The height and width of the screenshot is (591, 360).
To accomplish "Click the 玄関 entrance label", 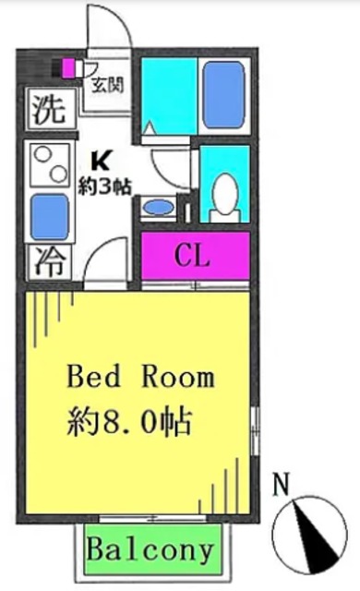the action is pos(108,86).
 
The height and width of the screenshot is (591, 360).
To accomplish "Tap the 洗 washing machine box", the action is pos(49,109).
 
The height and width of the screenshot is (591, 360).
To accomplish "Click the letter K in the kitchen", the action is pos(101,163).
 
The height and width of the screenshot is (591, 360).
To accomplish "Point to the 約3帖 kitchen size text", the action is pos(104,187).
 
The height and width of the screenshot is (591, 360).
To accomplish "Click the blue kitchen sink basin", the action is pos(49,217).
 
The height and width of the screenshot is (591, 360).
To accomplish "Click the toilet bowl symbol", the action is pos(225,191).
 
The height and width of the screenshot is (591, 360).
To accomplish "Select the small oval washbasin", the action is pos(159,208).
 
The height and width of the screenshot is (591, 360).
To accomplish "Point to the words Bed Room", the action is pos(141,377).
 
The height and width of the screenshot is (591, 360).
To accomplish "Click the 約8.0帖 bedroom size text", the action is pos(129,421).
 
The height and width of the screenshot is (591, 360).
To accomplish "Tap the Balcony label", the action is pos(150,550).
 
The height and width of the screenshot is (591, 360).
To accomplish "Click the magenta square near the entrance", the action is pos(68,68).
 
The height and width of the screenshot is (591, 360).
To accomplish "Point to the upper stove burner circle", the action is pos(43,154).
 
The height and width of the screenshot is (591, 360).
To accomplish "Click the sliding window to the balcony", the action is pos(152,519).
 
